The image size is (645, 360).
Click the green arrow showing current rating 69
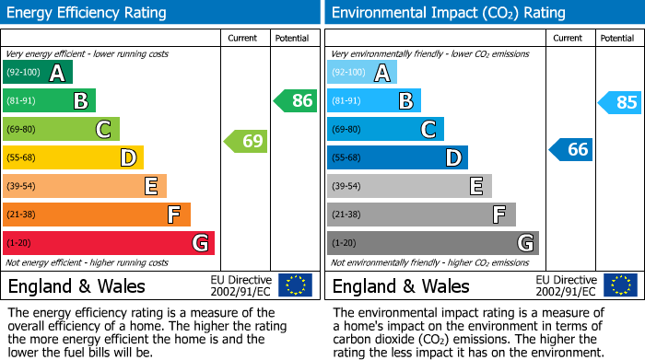pyautogui.click(x=246, y=142)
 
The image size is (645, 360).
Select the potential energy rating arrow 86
pyautogui.click(x=296, y=101)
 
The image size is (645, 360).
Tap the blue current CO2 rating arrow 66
pyautogui.click(x=571, y=149)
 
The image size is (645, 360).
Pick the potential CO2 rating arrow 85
pyautogui.click(x=620, y=102)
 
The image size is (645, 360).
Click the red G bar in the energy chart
pyautogui.click(x=109, y=243)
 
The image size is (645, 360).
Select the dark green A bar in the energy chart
pyautogui.click(x=38, y=73)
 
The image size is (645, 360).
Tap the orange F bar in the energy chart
pyautogui.click(x=97, y=215)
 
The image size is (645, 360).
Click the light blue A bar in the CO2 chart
pyautogui.click(x=362, y=73)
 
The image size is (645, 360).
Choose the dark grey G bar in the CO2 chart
pyautogui.click(x=433, y=243)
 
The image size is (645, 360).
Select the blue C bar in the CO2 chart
pyautogui.click(x=385, y=129)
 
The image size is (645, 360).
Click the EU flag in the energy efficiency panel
pyautogui.click(x=296, y=285)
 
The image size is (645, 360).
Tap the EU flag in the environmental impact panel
pyautogui.click(x=620, y=285)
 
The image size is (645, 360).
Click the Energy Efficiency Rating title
pyautogui.click(x=88, y=13)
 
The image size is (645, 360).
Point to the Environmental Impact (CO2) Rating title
pyautogui.click(x=448, y=13)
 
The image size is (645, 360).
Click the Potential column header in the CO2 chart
pyautogui.click(x=617, y=38)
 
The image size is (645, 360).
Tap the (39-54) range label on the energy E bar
pyautogui.click(x=22, y=186)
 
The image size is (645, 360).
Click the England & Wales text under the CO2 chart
pyautogui.click(x=401, y=285)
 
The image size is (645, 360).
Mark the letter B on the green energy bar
pyautogui.click(x=80, y=101)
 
